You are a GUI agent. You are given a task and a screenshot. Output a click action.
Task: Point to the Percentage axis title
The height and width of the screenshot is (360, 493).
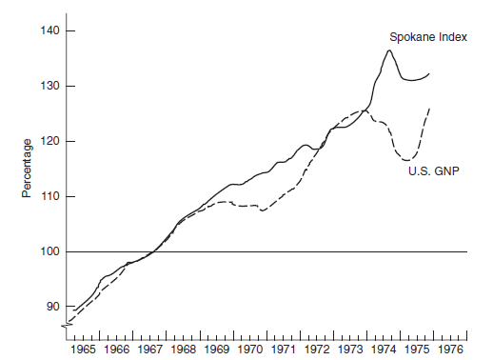[x=28, y=170]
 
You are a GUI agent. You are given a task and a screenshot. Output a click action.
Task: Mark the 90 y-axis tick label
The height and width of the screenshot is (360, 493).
[x=52, y=307]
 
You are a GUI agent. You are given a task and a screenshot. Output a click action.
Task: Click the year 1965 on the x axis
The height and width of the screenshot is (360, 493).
[x=83, y=350]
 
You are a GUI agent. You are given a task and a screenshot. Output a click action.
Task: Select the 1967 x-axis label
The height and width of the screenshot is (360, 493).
[x=150, y=350]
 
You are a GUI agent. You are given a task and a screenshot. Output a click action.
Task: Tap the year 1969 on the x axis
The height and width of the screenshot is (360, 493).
[x=217, y=350]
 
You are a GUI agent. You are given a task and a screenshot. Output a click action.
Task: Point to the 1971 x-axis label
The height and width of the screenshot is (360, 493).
[x=284, y=350]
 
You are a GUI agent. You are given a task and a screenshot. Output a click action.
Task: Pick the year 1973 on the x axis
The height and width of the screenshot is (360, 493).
[x=350, y=350]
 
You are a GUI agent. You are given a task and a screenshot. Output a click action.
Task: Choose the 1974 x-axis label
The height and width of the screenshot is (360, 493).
[x=384, y=350]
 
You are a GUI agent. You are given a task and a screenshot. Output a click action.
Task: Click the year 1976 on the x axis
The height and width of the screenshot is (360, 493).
[x=450, y=350]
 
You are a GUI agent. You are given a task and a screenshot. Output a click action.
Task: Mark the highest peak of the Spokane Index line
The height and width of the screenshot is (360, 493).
[x=389, y=50]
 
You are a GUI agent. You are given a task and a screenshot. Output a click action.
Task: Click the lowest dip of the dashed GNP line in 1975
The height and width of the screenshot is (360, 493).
[x=407, y=160]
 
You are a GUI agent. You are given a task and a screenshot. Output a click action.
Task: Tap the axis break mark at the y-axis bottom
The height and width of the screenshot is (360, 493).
[x=68, y=327]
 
